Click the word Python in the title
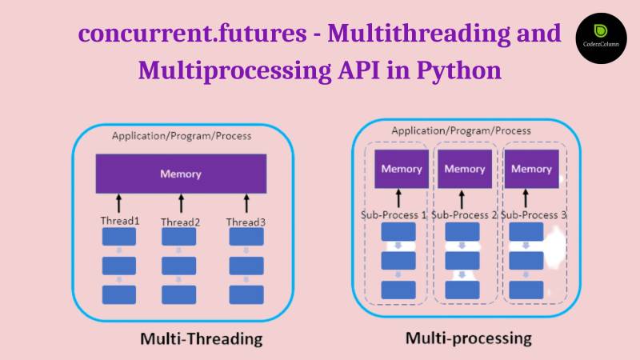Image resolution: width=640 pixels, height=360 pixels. pyautogui.click(x=459, y=70)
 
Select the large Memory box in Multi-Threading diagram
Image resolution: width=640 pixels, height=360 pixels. pyautogui.click(x=181, y=174)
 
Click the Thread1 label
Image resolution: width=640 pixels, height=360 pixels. pyautogui.click(x=119, y=221)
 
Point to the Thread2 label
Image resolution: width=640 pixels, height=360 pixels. pyautogui.click(x=180, y=222)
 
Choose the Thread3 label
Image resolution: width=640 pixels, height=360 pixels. pyautogui.click(x=245, y=222)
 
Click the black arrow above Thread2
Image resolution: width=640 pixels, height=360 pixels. pyautogui.click(x=181, y=202)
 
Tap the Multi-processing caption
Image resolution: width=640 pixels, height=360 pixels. pyautogui.click(x=468, y=338)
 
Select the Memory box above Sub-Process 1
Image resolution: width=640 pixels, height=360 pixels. pyautogui.click(x=401, y=169)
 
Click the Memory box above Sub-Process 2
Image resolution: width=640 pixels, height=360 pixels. pyautogui.click(x=465, y=169)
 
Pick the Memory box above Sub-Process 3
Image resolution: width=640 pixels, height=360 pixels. pyautogui.click(x=531, y=169)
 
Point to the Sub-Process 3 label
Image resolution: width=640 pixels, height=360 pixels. pyautogui.click(x=534, y=214)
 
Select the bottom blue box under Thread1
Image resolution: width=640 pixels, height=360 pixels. pyautogui.click(x=119, y=294)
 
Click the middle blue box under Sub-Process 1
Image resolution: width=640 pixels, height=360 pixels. pyautogui.click(x=398, y=260)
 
